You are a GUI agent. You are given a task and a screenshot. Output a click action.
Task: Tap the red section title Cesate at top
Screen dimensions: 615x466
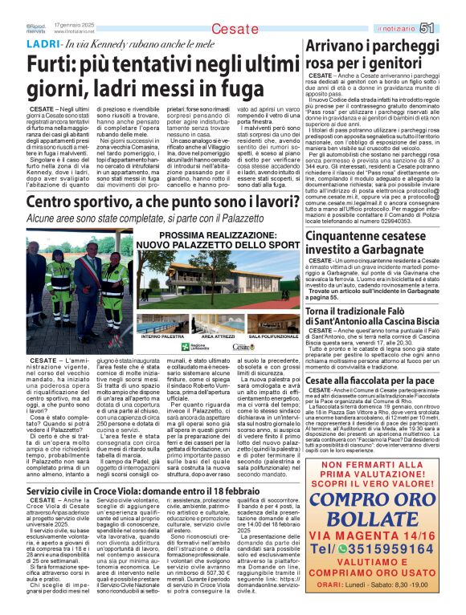tap(230, 29)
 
